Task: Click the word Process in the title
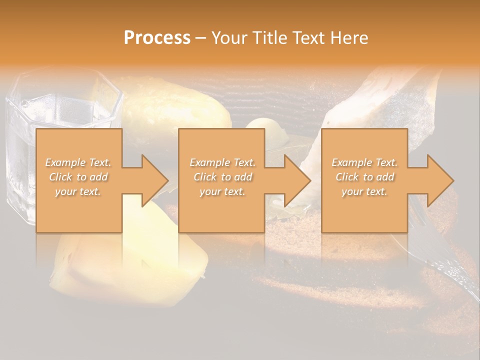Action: [x=157, y=38]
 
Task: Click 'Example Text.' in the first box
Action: [x=78, y=162]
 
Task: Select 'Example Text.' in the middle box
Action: [x=222, y=162]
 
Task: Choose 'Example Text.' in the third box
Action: [x=364, y=162]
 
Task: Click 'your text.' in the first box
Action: [x=78, y=191]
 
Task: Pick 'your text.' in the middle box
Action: [x=222, y=191]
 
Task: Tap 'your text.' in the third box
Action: [x=364, y=191]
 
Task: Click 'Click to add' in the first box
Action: [x=78, y=177]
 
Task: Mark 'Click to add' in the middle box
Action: [x=222, y=177]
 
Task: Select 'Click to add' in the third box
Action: [x=364, y=177]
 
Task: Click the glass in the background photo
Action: [x=20, y=150]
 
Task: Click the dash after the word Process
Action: [x=200, y=38]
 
